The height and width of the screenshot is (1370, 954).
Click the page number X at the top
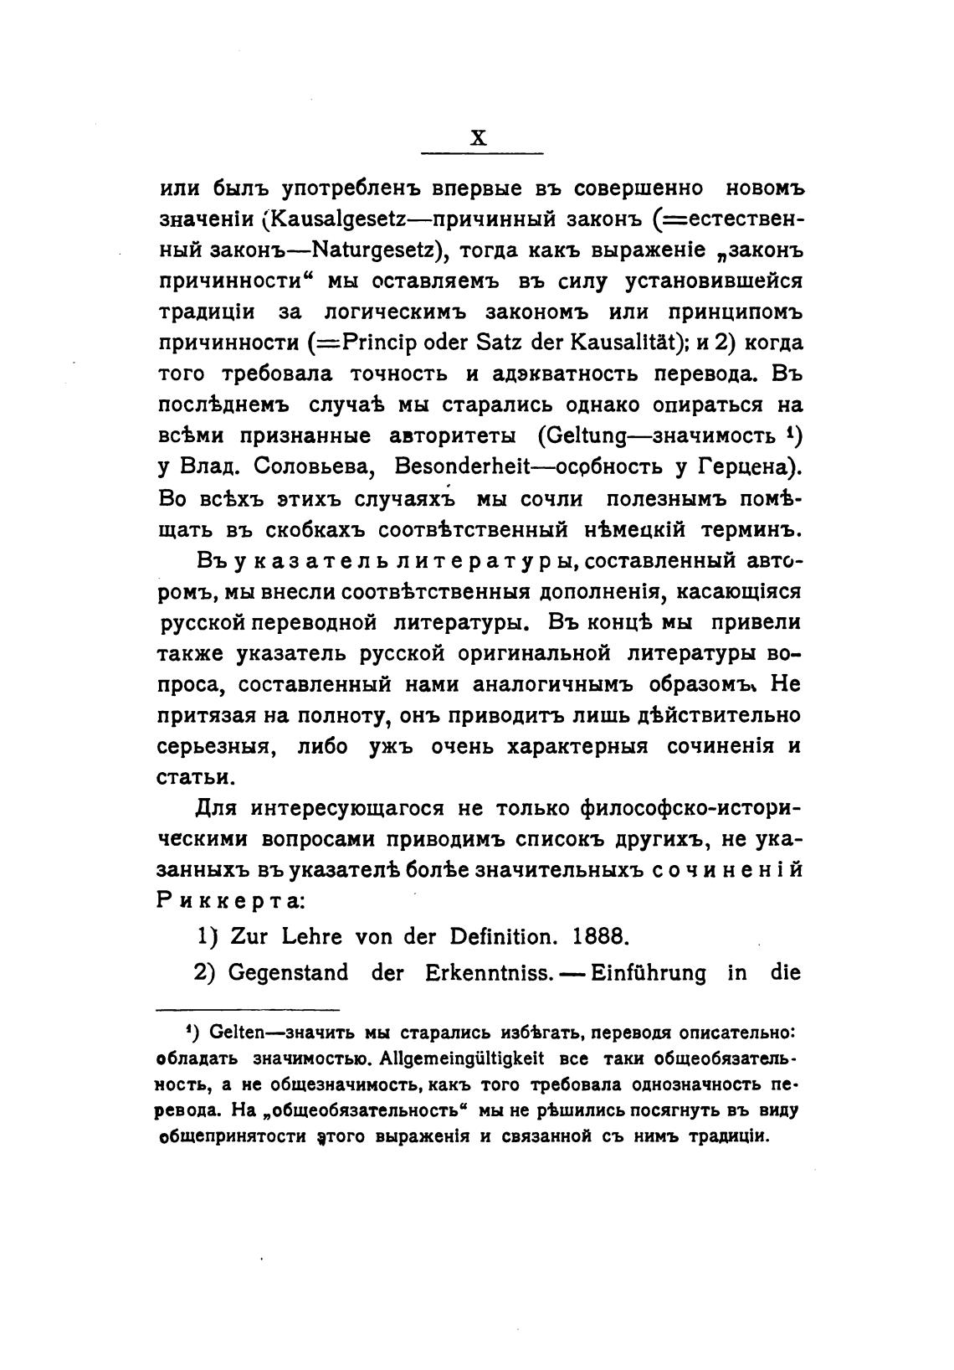478,138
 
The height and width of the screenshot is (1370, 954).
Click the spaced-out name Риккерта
233,899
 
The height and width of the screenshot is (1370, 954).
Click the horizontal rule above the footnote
249,1010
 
